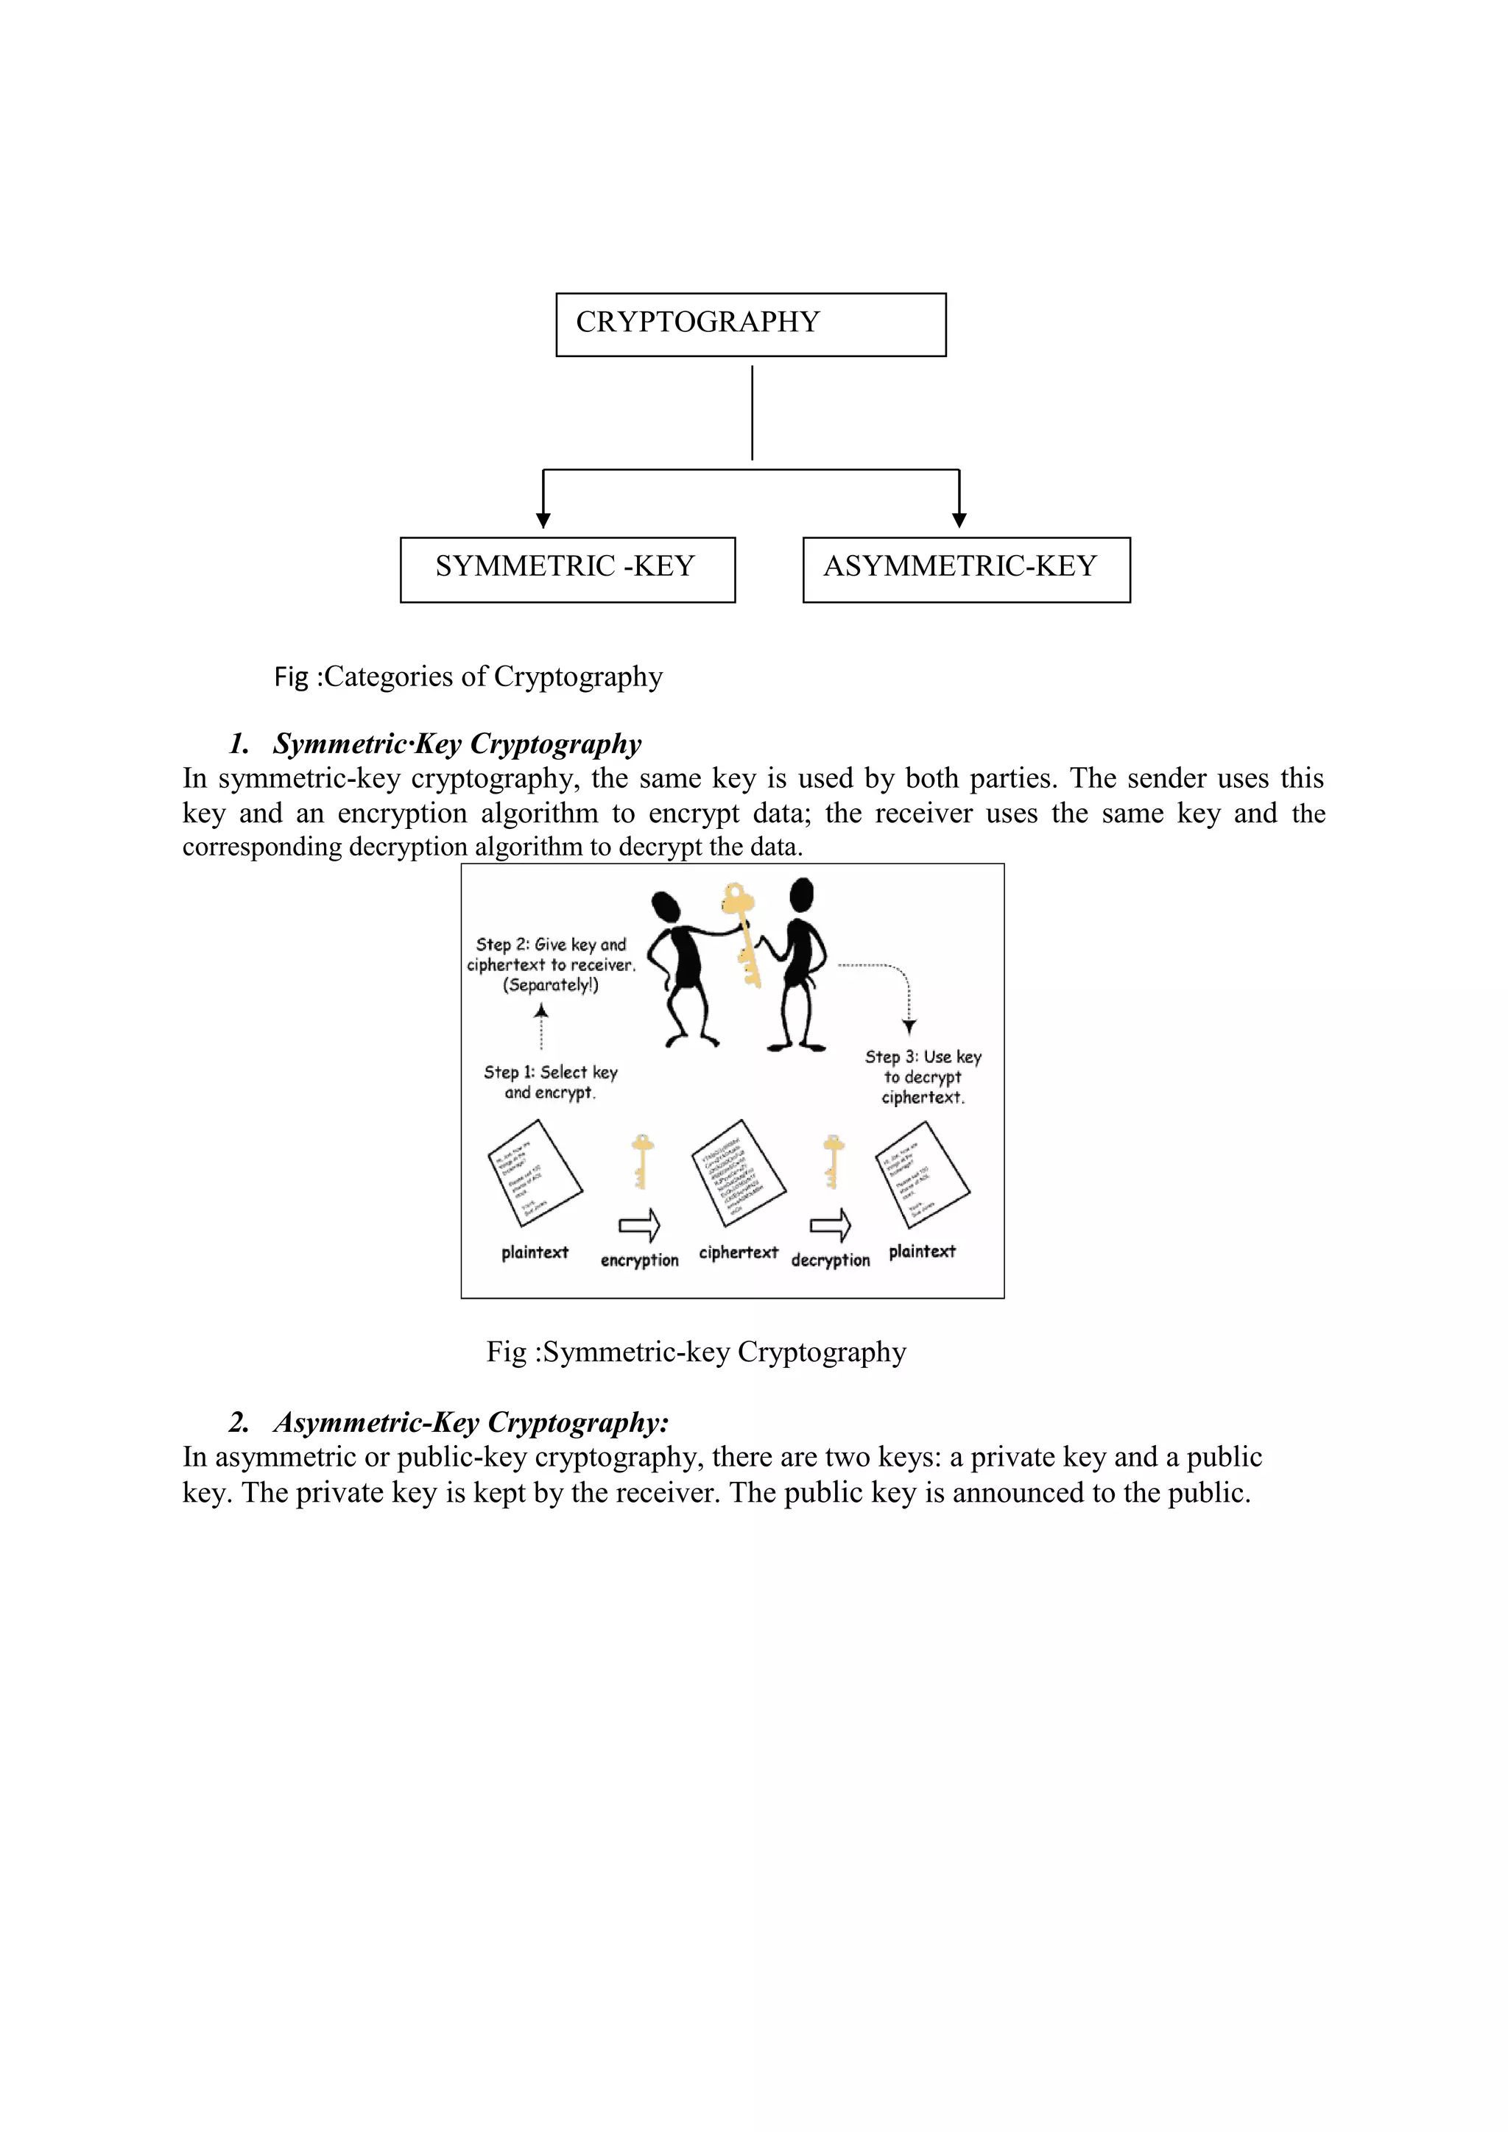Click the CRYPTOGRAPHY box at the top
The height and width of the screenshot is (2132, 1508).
750,324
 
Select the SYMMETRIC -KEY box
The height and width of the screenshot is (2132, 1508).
568,569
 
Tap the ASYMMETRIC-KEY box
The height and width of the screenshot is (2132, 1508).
966,569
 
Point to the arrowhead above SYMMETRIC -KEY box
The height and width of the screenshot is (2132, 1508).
543,520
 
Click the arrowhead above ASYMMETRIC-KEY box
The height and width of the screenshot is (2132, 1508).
959,520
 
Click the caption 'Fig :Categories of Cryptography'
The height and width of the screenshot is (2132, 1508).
468,677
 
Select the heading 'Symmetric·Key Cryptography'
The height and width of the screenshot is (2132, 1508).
457,744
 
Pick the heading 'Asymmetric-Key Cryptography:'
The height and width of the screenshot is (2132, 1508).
471,1422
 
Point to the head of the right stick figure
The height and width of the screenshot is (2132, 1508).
801,895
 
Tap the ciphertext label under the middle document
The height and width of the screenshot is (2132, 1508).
739,1253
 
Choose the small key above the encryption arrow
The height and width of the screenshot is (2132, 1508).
641,1159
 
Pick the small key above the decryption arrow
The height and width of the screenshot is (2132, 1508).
834,1159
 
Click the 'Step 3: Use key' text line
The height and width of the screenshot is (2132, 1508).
923,1056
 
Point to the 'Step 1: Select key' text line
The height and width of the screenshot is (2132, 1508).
551,1073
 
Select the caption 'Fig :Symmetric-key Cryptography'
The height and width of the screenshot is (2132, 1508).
697,1352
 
